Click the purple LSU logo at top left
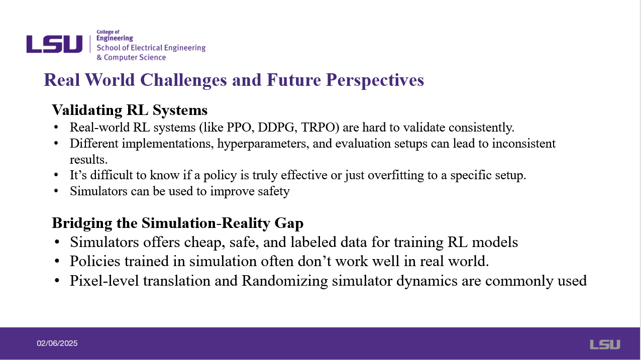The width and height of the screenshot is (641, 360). click(54, 44)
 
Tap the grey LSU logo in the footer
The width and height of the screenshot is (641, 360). click(605, 344)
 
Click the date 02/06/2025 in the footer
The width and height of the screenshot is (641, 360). click(57, 343)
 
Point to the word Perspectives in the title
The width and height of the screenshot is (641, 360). click(375, 80)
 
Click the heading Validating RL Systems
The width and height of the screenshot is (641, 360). click(130, 110)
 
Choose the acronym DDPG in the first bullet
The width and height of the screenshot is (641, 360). click(276, 128)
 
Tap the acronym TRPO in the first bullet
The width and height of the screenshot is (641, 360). click(320, 128)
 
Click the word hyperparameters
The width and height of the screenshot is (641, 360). click(263, 144)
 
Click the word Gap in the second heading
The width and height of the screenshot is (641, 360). click(289, 223)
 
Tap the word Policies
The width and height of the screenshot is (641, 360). click(95, 262)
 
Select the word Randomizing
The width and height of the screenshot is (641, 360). click(285, 281)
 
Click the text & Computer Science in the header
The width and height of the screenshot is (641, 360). click(131, 57)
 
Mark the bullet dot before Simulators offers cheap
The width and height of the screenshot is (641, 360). click(57, 242)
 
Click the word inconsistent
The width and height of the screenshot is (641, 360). click(523, 144)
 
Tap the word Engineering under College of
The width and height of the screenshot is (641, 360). click(115, 38)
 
